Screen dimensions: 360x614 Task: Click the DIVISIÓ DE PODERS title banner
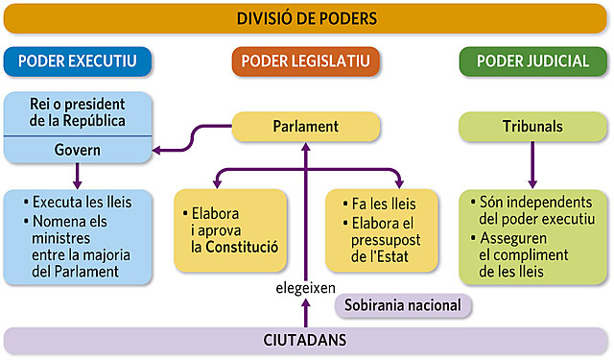click(306, 19)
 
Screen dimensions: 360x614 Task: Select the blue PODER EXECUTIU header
click(78, 61)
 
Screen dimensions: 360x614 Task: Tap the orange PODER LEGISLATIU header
click(305, 61)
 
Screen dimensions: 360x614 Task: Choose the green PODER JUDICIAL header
click(531, 61)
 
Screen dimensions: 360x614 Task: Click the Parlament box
click(305, 127)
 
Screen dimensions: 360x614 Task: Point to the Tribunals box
click(531, 127)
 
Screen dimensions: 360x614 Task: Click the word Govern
click(78, 151)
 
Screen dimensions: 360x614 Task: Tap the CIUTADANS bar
click(305, 340)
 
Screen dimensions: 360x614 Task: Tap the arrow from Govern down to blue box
click(78, 176)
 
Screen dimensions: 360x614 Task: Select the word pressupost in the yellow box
click(387, 240)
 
